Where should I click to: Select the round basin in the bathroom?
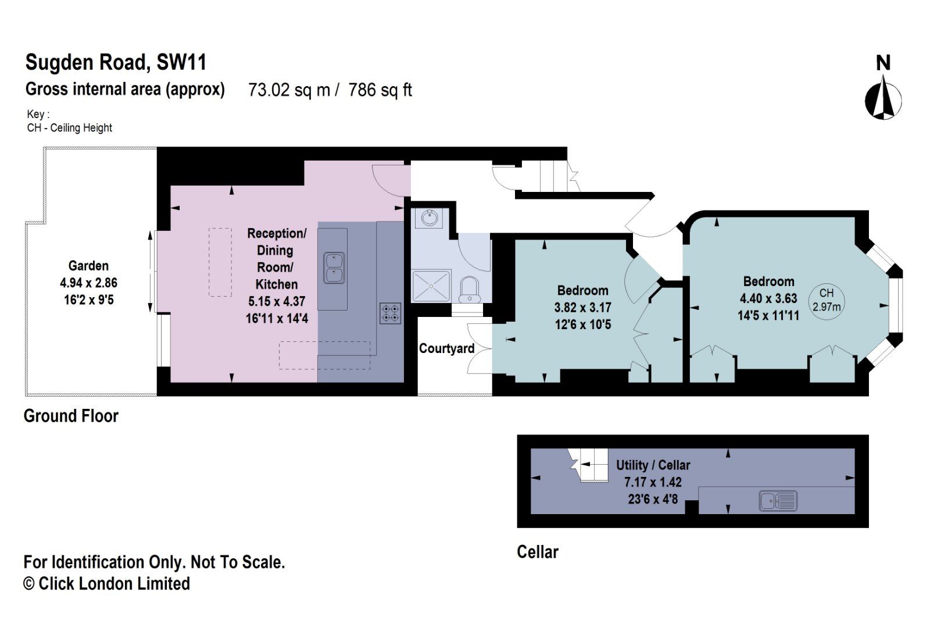pos(430,218)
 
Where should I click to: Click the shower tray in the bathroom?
pos(431,286)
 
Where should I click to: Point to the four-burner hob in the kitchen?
pos(391,313)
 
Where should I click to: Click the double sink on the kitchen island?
pos(334,268)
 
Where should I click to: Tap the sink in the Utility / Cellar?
pos(778,500)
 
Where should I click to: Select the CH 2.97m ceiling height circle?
pos(826,300)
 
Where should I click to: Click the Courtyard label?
pos(446,348)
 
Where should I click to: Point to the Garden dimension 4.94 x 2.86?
pos(88,283)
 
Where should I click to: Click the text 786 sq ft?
pos(380,90)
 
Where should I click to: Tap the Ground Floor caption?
pos(71,416)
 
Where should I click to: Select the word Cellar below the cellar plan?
pos(537,552)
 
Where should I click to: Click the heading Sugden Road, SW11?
pos(116,62)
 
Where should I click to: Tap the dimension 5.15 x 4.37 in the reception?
pos(277,301)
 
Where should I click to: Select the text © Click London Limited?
pos(106,583)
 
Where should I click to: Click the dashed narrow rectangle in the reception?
pos(220,262)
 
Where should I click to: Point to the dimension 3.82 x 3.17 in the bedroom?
pos(582,307)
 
